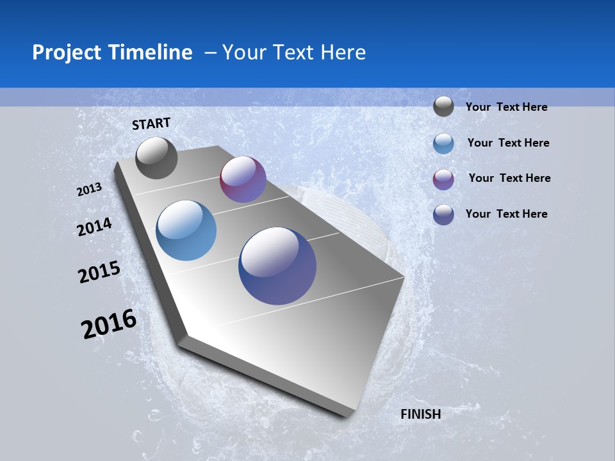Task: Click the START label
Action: pyautogui.click(x=151, y=124)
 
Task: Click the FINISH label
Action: pyautogui.click(x=420, y=414)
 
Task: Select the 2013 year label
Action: pyautogui.click(x=90, y=190)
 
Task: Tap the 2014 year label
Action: pyautogui.click(x=95, y=227)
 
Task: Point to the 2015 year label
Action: pyautogui.click(x=99, y=272)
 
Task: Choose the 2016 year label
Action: pyautogui.click(x=109, y=324)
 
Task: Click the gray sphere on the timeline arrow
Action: pyautogui.click(x=156, y=158)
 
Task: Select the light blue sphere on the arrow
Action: pyautogui.click(x=186, y=230)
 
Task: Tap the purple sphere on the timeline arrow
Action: pyautogui.click(x=243, y=179)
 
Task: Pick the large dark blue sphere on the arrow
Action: pyautogui.click(x=277, y=266)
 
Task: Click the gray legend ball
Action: pyautogui.click(x=443, y=106)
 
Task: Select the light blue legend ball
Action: pyautogui.click(x=443, y=143)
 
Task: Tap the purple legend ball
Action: pyautogui.click(x=443, y=179)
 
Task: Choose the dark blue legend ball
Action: pyautogui.click(x=443, y=214)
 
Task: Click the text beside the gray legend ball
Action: pyautogui.click(x=506, y=107)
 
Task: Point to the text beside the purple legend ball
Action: pyautogui.click(x=509, y=178)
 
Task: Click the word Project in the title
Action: pyautogui.click(x=68, y=53)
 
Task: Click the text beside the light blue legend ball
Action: pyautogui.click(x=508, y=143)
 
